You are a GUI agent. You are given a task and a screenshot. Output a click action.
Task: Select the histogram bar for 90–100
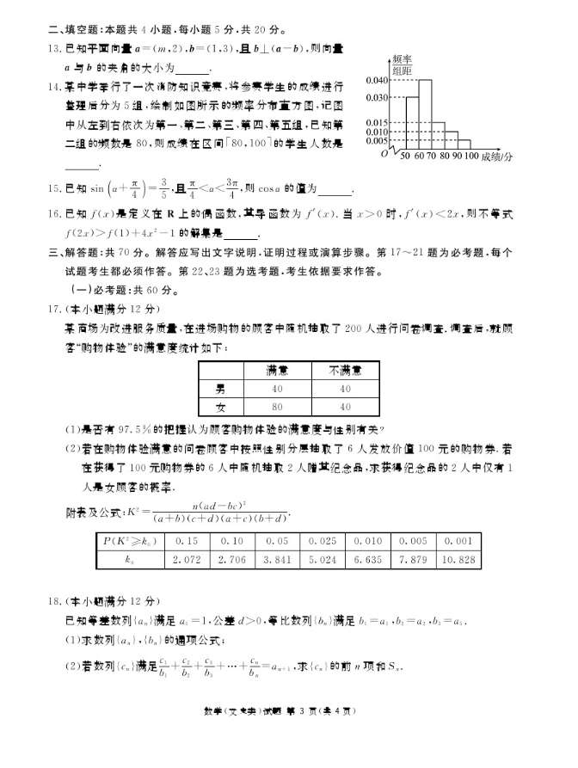pyautogui.click(x=464, y=144)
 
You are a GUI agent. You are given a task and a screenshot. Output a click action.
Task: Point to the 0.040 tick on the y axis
pyautogui.click(x=377, y=80)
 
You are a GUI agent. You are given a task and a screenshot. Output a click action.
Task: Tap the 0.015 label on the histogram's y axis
pyautogui.click(x=377, y=123)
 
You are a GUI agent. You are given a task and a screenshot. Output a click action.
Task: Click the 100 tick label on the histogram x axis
pyautogui.click(x=470, y=157)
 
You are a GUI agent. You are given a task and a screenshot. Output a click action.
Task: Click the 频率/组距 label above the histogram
pyautogui.click(x=401, y=64)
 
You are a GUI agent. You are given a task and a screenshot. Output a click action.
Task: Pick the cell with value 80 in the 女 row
pyautogui.click(x=275, y=405)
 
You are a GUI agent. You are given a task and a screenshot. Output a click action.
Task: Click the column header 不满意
pyautogui.click(x=345, y=369)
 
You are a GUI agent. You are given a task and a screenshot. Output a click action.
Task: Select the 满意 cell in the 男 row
pyautogui.click(x=275, y=388)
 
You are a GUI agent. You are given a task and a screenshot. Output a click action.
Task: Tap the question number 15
pyautogui.click(x=52, y=188)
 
